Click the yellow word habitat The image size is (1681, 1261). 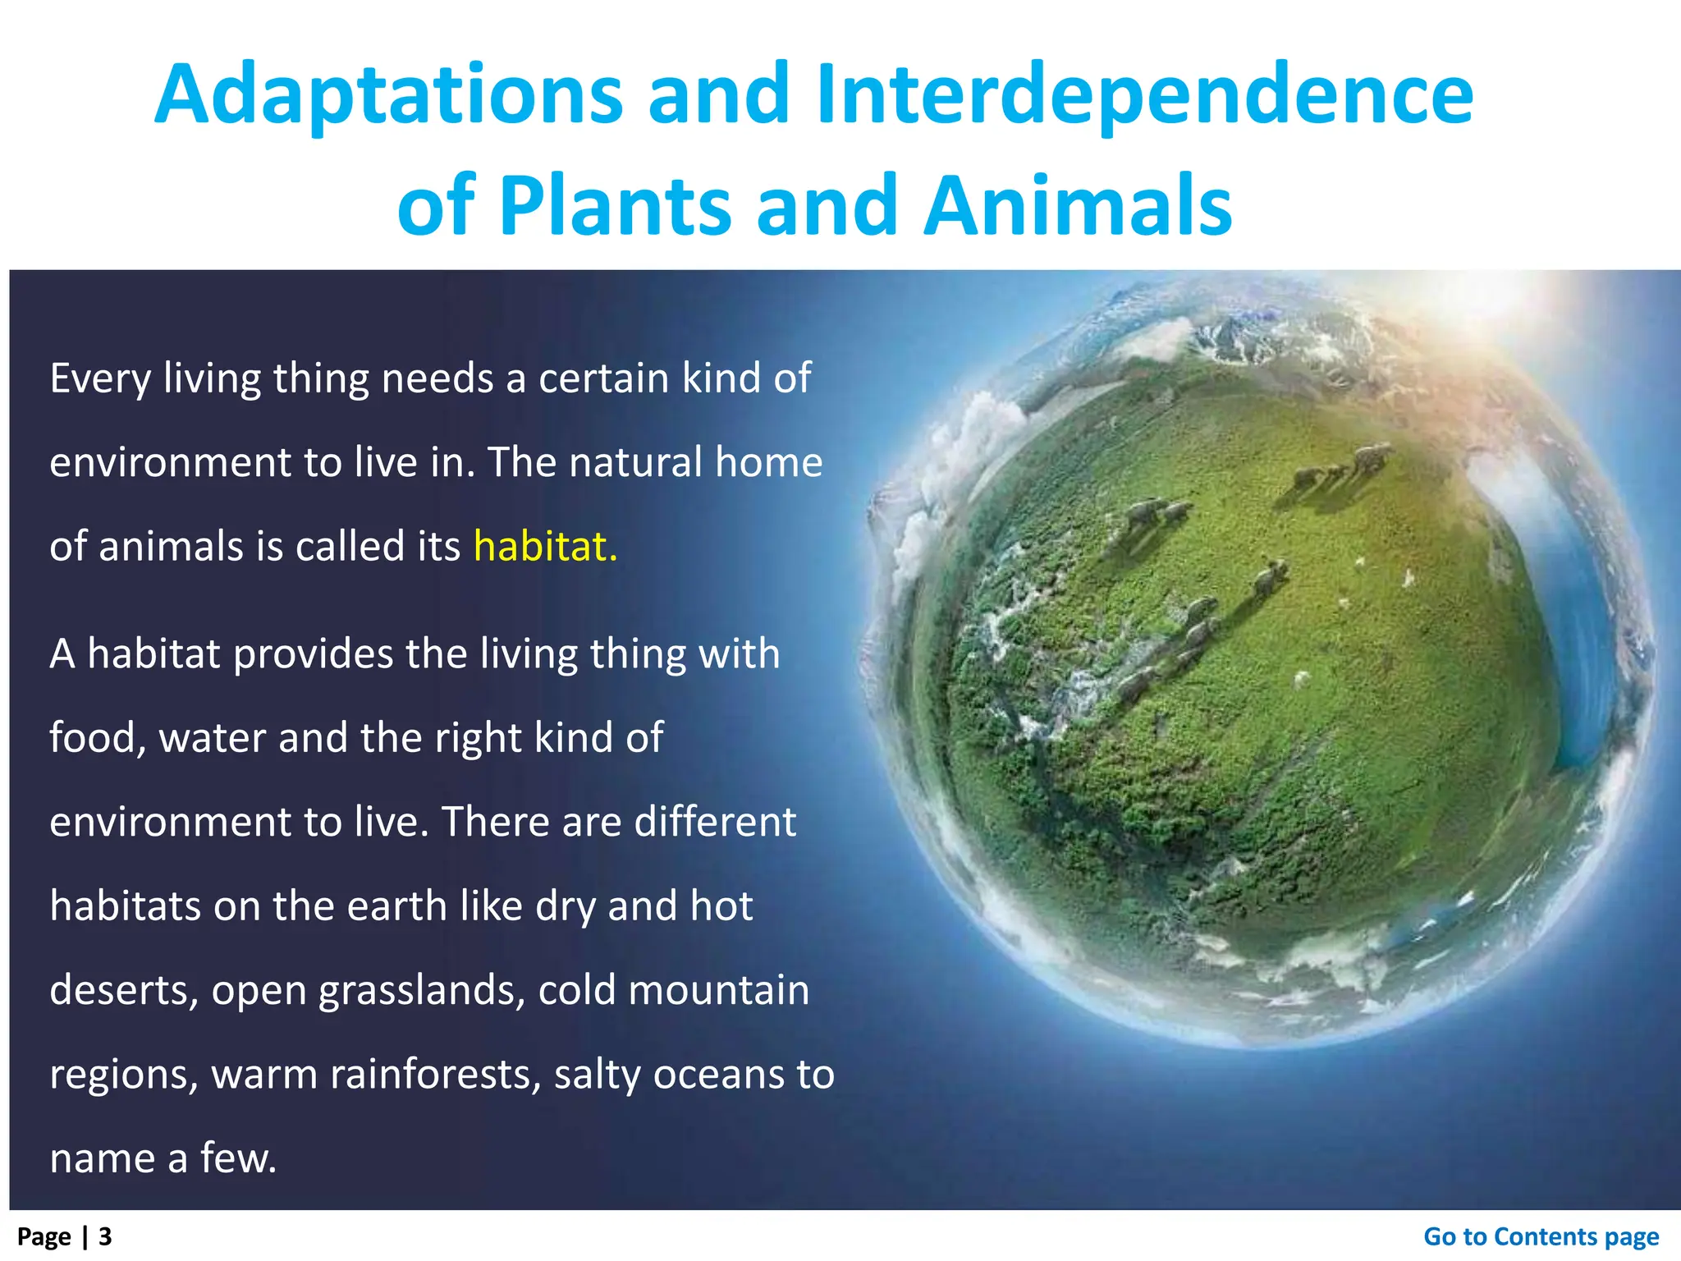click(x=545, y=547)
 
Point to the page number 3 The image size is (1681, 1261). click(x=105, y=1236)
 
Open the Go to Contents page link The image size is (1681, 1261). click(x=1541, y=1236)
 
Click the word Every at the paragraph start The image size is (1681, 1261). click(x=100, y=379)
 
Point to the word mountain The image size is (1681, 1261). click(x=718, y=990)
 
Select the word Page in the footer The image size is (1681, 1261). click(x=44, y=1236)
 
